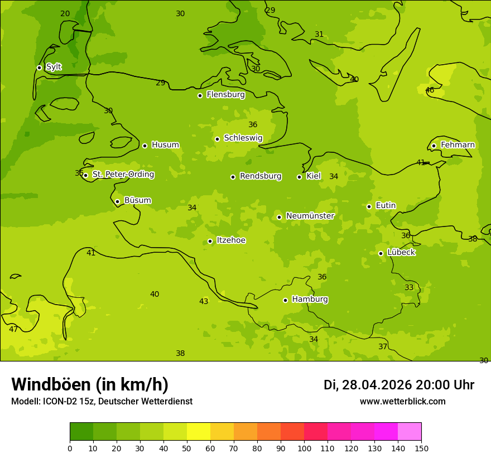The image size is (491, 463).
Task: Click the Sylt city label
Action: [54, 67]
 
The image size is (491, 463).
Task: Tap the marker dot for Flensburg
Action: [200, 95]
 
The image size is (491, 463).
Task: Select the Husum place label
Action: [165, 145]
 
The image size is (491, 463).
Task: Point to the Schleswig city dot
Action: [217, 139]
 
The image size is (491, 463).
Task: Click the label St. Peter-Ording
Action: [123, 175]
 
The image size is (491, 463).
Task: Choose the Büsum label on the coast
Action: [137, 200]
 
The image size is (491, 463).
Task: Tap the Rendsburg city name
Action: [261, 176]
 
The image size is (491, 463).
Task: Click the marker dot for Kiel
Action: [299, 177]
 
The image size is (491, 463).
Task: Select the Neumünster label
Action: [310, 216]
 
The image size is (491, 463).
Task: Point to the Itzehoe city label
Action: [231, 240]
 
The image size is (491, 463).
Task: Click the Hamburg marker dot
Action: [285, 300]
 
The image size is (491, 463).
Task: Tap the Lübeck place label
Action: [401, 252]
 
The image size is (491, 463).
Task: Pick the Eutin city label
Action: [386, 206]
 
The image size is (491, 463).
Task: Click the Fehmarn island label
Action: [458, 145]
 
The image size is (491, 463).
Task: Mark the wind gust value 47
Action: [13, 330]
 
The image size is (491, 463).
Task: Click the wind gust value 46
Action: [430, 90]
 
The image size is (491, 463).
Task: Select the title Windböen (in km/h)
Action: [90, 384]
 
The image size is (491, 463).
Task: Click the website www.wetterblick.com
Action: [402, 402]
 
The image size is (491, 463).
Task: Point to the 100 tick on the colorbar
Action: [304, 448]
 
